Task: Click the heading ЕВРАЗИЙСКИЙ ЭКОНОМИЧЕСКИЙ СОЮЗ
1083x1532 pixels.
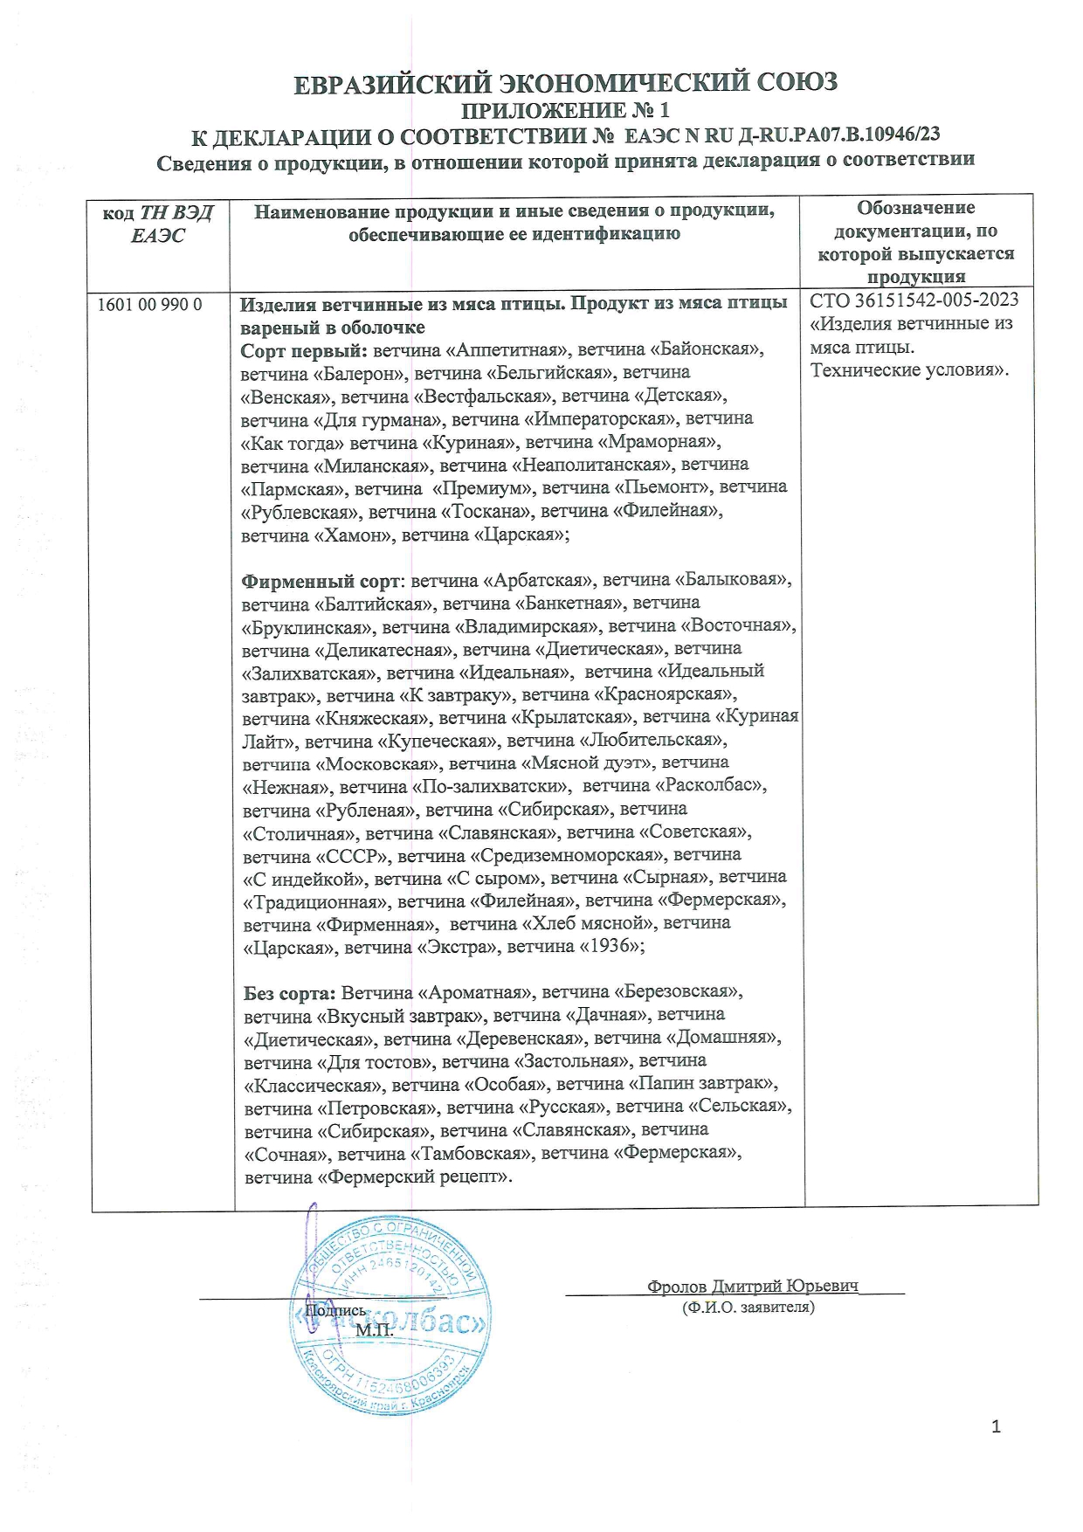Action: pos(565,83)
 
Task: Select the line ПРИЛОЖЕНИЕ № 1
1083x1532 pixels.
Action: pos(565,111)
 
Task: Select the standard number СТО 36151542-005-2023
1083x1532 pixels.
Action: pos(914,301)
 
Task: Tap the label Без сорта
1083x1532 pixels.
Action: pos(288,993)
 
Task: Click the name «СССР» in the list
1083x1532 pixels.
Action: pos(354,855)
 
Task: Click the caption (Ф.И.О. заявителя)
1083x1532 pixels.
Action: pos(748,1308)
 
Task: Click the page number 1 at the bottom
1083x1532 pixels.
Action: pos(997,1428)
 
